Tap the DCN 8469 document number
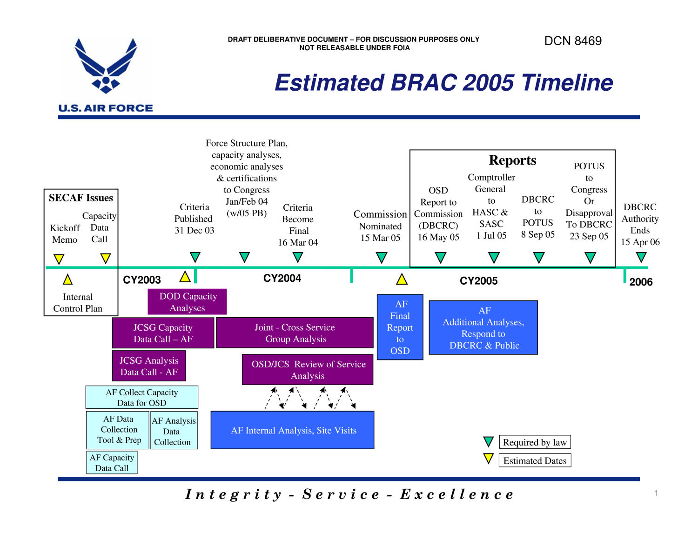(573, 41)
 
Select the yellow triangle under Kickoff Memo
(59, 259)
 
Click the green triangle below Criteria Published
(195, 257)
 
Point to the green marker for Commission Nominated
(382, 257)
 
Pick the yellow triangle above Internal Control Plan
(68, 279)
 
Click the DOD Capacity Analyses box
(187, 302)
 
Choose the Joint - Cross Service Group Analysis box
(295, 333)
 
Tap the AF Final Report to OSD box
(400, 327)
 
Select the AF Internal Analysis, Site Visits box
(292, 430)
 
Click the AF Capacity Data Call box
(112, 463)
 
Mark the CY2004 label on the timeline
(282, 278)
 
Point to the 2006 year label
(641, 282)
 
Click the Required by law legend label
(535, 442)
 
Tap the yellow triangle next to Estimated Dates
(488, 459)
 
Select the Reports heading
(512, 160)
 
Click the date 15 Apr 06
(640, 242)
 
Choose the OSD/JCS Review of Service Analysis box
(308, 370)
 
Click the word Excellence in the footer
(457, 494)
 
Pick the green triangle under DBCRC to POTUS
(538, 257)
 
